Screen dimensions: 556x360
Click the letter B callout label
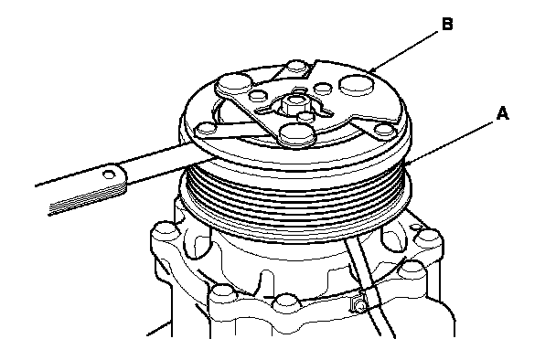(x=447, y=24)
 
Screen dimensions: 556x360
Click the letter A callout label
(x=503, y=113)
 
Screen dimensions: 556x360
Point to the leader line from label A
(x=449, y=143)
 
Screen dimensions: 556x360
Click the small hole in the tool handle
(x=110, y=174)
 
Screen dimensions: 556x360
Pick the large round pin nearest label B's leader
(x=357, y=85)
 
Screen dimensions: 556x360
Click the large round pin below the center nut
(x=297, y=134)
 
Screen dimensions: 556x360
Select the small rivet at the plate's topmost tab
(x=297, y=67)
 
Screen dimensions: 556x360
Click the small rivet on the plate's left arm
(x=206, y=128)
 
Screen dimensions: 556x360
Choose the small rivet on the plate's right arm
(x=384, y=130)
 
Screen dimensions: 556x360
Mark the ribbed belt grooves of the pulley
(x=295, y=198)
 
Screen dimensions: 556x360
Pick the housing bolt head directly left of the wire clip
(x=286, y=302)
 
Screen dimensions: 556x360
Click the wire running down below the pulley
(x=369, y=286)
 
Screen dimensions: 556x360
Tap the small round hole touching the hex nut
(x=305, y=116)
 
